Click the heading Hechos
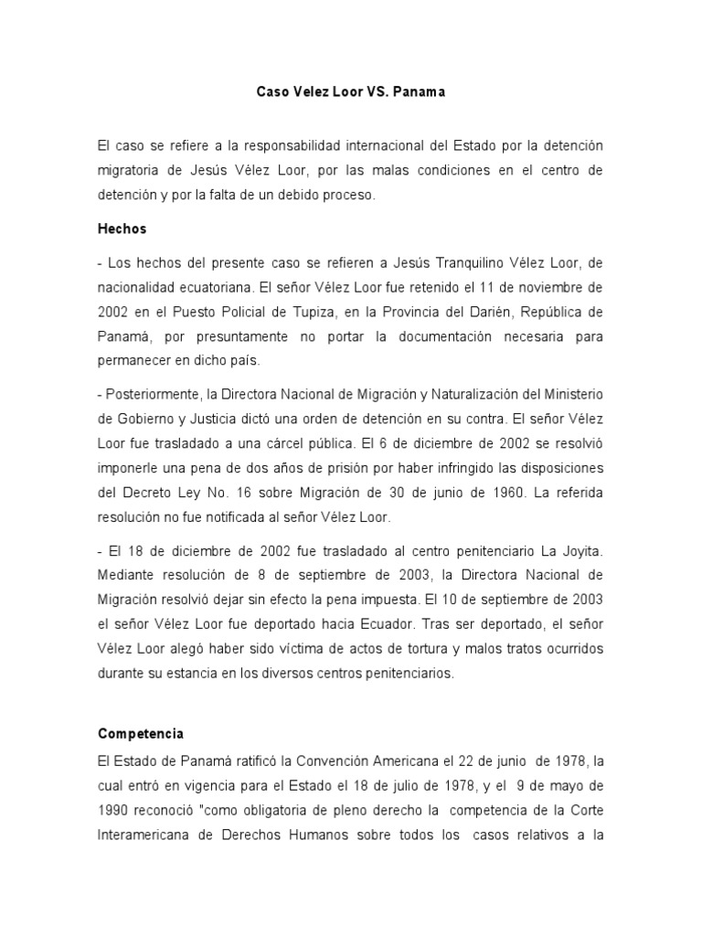point(122,229)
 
